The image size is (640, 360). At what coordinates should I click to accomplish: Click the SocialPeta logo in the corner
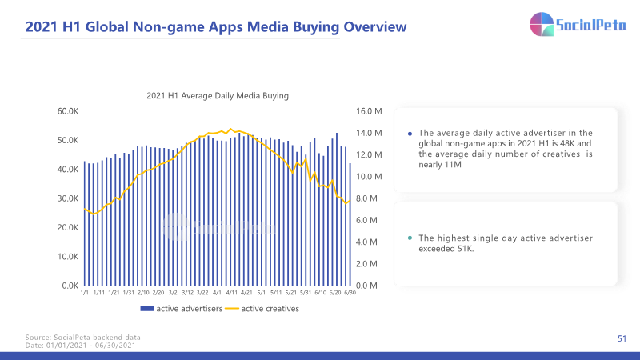click(x=578, y=24)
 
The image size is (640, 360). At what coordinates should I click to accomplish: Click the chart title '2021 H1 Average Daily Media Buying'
click(x=218, y=95)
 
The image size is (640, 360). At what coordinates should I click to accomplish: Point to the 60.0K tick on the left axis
click(x=68, y=111)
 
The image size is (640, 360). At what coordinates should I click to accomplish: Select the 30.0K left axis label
click(x=68, y=198)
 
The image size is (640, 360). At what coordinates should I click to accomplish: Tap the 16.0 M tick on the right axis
click(x=369, y=111)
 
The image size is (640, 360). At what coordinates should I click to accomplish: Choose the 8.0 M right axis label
click(x=366, y=198)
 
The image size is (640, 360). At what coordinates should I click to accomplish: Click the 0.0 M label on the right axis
click(x=366, y=286)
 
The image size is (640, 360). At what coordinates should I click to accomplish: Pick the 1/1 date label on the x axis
click(x=85, y=293)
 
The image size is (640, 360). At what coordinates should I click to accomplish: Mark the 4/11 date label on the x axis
click(x=232, y=293)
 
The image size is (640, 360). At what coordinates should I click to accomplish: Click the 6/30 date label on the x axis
click(x=350, y=293)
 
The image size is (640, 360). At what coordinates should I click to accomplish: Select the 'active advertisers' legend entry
click(x=182, y=309)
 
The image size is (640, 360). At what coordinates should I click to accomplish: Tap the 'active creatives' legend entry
click(x=262, y=309)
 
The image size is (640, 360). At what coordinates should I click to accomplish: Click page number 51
click(x=622, y=338)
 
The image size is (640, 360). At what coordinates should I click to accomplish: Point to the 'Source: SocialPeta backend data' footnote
click(x=83, y=337)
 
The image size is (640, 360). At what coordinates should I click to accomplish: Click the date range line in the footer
click(x=81, y=346)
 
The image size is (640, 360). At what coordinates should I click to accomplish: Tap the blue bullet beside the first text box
click(x=410, y=134)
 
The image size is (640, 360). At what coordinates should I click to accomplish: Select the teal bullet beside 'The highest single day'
click(x=410, y=238)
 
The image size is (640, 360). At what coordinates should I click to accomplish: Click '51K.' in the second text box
click(x=466, y=249)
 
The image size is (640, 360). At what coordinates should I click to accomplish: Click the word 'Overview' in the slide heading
click(x=375, y=27)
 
